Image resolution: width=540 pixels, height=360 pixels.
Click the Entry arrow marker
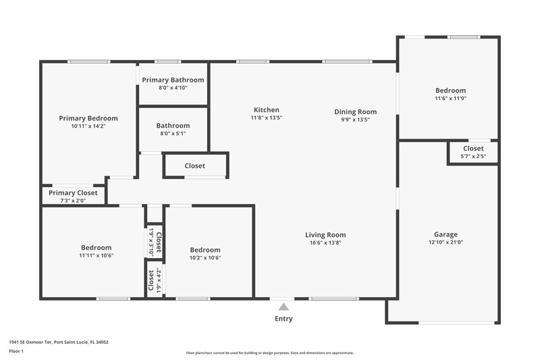point(283,307)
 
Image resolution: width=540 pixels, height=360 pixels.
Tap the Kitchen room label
point(266,110)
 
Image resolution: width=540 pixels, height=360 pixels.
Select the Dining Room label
point(355,111)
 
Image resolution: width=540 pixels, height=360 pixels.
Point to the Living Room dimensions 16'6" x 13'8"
point(325,242)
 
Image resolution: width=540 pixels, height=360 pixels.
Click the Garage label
point(446,234)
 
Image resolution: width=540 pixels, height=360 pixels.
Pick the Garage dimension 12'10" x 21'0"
point(446,242)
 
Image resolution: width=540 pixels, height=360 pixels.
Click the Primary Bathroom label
point(173,80)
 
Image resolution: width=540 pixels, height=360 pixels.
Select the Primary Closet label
point(73,192)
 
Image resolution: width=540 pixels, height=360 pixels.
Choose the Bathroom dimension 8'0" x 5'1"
point(173,133)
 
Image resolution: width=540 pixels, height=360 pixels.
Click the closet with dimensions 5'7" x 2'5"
point(473,153)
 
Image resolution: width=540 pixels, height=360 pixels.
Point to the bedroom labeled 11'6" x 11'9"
point(450,95)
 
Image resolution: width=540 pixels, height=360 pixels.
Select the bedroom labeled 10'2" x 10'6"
point(205,253)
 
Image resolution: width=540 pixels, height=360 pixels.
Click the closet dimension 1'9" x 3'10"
point(151,241)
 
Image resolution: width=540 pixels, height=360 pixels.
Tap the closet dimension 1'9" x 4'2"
point(151,280)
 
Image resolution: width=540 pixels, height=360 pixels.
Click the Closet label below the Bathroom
point(195,165)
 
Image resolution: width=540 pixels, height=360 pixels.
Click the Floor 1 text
point(16,351)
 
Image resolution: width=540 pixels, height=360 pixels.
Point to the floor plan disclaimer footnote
point(270,353)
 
